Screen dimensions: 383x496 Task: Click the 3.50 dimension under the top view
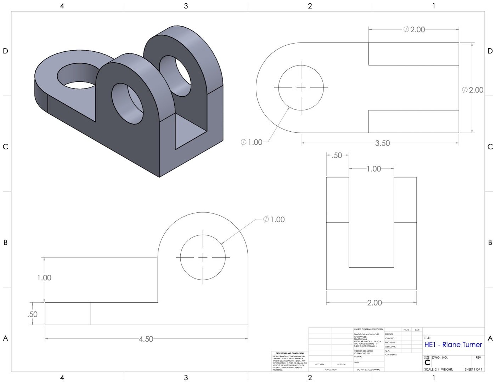pos(382,143)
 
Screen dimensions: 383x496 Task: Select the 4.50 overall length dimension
pos(146,339)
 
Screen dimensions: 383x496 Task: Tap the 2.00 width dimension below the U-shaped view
pos(374,303)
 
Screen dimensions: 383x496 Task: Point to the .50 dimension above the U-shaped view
pos(337,155)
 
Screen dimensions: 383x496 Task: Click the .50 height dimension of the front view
pos(32,314)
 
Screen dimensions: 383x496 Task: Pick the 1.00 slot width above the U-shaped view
pos(373,169)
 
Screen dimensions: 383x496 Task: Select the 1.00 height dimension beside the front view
pos(44,278)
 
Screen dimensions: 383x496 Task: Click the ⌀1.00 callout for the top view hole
pos(252,142)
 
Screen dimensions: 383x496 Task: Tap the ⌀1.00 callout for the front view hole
pos(274,219)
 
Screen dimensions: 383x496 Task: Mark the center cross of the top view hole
pos(301,88)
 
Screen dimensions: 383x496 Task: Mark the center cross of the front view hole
pos(203,257)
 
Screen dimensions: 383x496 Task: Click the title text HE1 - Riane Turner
pos(453,344)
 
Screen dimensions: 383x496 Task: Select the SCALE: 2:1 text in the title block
pos(431,369)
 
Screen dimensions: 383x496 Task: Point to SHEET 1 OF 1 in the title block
pos(473,369)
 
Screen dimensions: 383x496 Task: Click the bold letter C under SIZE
pos(427,363)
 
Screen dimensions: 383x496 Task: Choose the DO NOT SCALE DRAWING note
pos(368,370)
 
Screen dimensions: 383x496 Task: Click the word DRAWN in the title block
pos(389,334)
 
